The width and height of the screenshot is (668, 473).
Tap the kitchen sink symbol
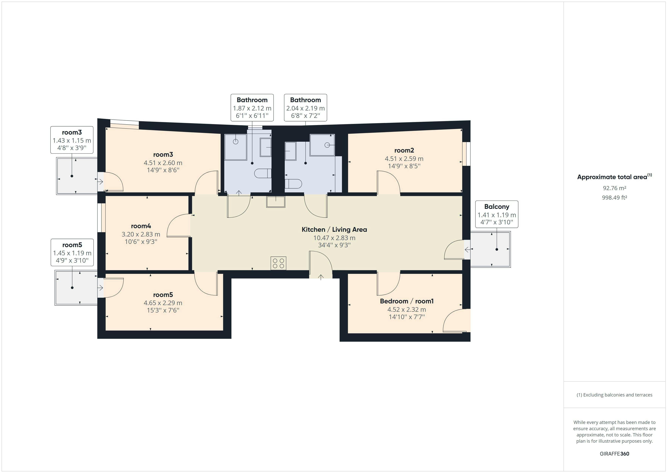coord(275,202)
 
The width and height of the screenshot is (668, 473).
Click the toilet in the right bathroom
coord(293,184)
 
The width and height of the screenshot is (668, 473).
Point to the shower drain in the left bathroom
coord(236,142)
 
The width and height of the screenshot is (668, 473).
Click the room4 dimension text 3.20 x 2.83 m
coord(141,234)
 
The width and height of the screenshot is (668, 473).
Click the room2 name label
coord(404,150)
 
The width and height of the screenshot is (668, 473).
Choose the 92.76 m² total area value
coord(614,188)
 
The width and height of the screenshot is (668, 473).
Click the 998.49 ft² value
coord(614,197)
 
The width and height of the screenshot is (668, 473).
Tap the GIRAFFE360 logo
coord(614,453)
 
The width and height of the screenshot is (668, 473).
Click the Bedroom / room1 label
coord(407,301)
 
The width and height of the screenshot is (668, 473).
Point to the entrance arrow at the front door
coord(321,277)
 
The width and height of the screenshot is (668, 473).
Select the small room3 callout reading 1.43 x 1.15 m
coord(72,140)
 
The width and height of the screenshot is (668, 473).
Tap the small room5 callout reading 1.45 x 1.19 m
coord(72,253)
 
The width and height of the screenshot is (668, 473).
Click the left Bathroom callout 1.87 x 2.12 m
coord(252,108)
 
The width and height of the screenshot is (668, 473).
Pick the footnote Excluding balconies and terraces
coord(614,395)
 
